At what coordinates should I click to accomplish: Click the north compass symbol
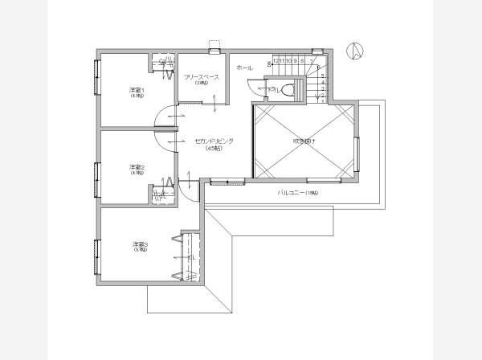[354, 51]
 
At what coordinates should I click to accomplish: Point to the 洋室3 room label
[140, 244]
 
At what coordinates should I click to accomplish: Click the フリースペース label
[202, 77]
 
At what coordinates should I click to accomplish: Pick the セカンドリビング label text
[214, 141]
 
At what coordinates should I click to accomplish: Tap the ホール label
[245, 69]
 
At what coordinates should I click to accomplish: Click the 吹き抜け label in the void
[304, 141]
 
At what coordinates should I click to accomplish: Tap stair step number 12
[276, 60]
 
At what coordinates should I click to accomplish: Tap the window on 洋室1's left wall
[96, 77]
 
